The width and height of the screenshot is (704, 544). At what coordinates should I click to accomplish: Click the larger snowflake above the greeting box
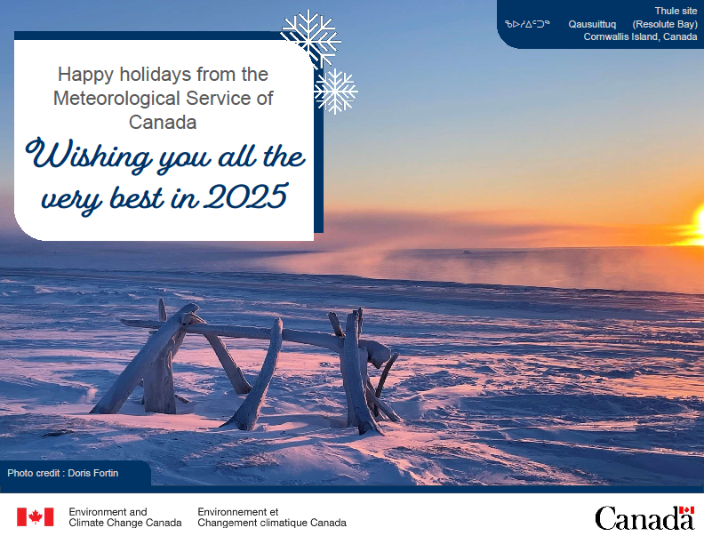(x=311, y=39)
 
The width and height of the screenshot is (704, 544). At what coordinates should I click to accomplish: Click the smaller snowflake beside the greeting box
(x=335, y=92)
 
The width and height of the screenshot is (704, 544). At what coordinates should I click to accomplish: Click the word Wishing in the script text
(x=86, y=156)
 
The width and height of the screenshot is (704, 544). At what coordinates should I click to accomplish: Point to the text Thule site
(x=676, y=11)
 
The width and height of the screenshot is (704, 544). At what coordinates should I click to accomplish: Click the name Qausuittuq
(x=592, y=24)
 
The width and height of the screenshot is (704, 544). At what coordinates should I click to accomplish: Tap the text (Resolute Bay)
(x=665, y=24)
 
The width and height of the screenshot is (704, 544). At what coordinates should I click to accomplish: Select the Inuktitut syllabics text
(x=527, y=24)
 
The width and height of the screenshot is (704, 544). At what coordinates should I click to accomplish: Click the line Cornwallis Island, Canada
(x=640, y=37)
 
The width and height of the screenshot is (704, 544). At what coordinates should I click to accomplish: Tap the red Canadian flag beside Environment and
(x=36, y=517)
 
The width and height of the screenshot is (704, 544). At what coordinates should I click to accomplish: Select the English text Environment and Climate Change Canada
(x=124, y=517)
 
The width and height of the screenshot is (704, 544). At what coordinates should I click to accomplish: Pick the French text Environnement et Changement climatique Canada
(x=271, y=517)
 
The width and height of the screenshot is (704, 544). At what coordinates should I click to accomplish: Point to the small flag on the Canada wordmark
(x=686, y=511)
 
